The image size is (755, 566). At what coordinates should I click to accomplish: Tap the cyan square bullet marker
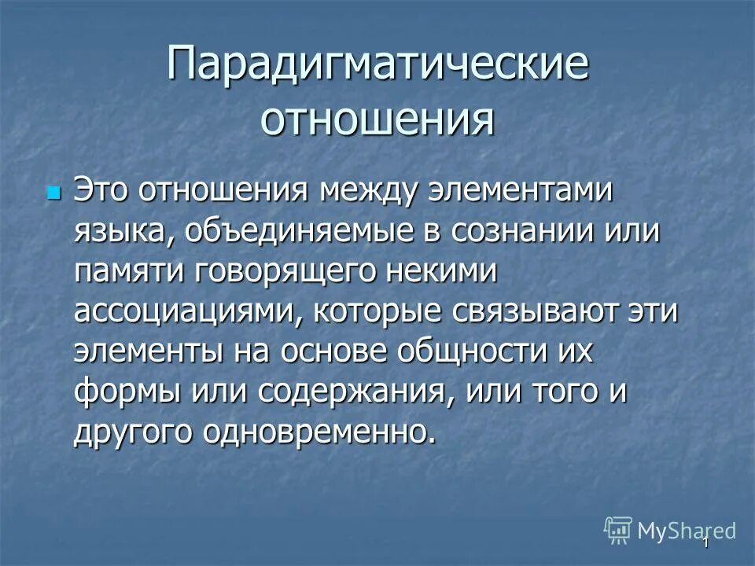(53, 191)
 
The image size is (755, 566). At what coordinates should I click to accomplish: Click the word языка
(118, 232)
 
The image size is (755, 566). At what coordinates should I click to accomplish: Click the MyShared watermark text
(686, 530)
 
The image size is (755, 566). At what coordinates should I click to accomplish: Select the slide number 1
(705, 543)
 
